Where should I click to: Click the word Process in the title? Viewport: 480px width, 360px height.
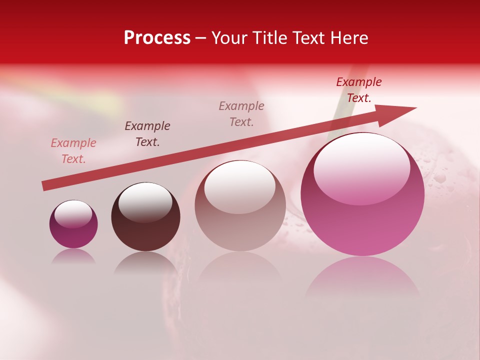click(157, 38)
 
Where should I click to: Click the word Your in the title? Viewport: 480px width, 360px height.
click(230, 38)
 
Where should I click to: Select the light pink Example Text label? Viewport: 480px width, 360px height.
click(73, 151)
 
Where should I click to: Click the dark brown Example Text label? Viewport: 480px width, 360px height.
click(147, 134)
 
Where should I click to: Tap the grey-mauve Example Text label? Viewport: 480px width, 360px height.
click(241, 114)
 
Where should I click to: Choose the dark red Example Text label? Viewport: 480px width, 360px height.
click(359, 90)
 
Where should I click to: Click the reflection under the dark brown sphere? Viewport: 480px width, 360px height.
click(145, 262)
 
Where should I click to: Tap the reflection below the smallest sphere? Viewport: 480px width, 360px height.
click(73, 256)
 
